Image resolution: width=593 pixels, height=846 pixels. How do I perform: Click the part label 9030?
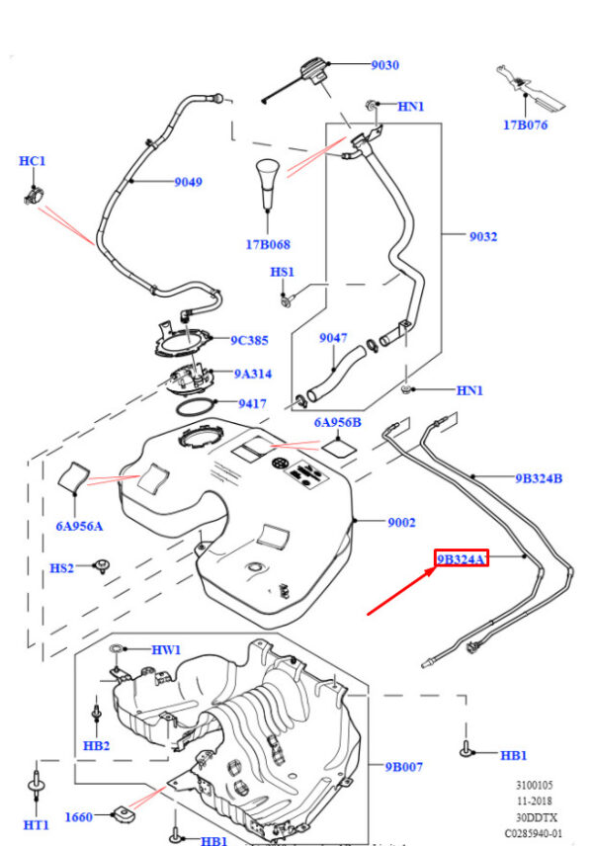[x=384, y=65]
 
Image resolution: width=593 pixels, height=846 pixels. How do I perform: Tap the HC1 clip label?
[x=33, y=160]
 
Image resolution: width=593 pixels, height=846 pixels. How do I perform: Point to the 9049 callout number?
[x=188, y=182]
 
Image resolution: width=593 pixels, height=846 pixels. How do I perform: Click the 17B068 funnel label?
[x=269, y=244]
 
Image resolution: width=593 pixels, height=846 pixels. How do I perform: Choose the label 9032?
[x=483, y=236]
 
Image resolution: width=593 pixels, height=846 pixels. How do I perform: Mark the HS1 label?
[x=282, y=271]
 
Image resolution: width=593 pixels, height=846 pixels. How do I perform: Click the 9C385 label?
[x=249, y=340]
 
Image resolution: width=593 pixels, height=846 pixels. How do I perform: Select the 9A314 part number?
[x=253, y=374]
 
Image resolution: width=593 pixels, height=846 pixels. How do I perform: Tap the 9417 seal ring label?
[x=253, y=403]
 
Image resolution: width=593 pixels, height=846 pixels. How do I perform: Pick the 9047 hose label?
[x=333, y=338]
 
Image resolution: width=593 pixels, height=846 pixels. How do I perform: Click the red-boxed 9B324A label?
[x=462, y=559]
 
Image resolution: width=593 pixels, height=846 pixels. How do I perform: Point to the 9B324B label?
[x=538, y=478]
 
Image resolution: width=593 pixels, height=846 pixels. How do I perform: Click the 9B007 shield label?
[x=405, y=766]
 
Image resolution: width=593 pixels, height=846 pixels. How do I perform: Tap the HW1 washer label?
[x=165, y=649]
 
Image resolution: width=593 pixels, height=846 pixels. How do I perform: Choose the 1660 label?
[x=78, y=816]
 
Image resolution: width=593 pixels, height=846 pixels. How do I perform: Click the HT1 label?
[x=36, y=824]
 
